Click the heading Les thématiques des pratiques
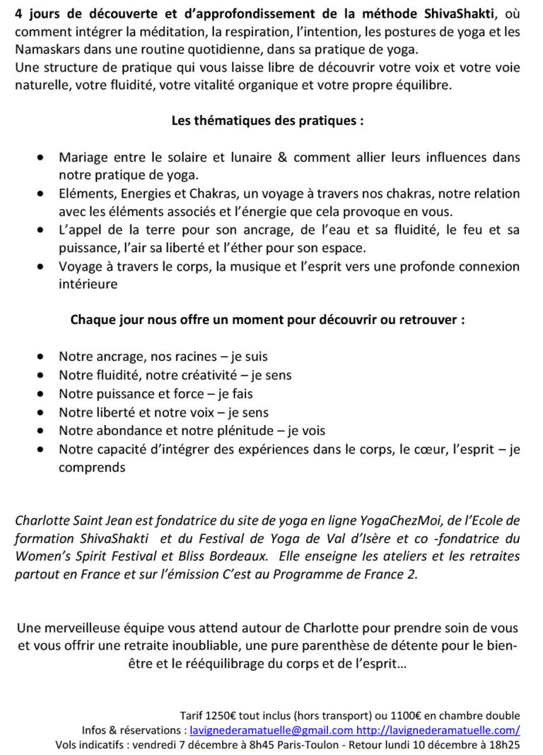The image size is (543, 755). click(x=267, y=120)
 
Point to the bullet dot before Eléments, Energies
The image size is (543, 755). click(x=44, y=194)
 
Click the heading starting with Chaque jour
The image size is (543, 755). click(x=267, y=319)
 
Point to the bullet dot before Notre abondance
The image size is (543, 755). click(x=44, y=430)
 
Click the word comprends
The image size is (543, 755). click(x=92, y=467)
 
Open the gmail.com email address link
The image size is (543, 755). click(x=271, y=730)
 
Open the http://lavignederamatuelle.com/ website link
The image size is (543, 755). click(x=438, y=730)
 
